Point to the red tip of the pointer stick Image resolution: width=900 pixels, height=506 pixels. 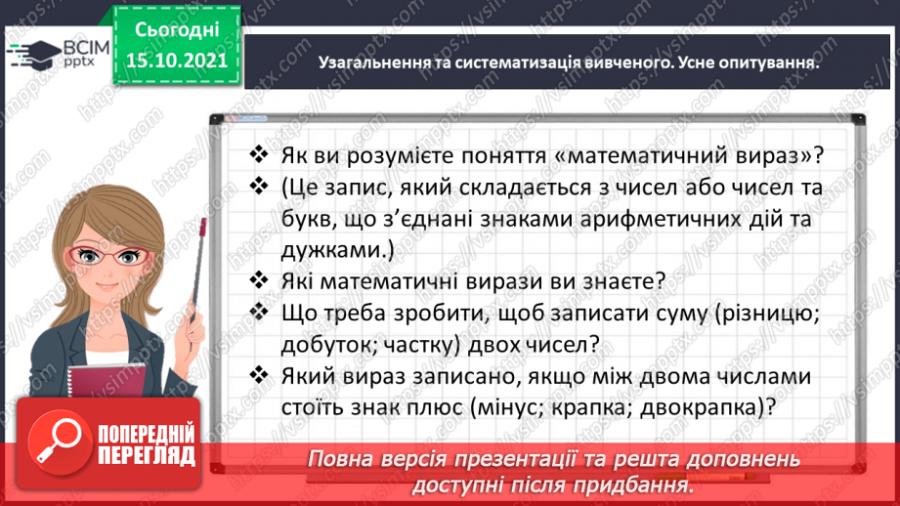(202, 225)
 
